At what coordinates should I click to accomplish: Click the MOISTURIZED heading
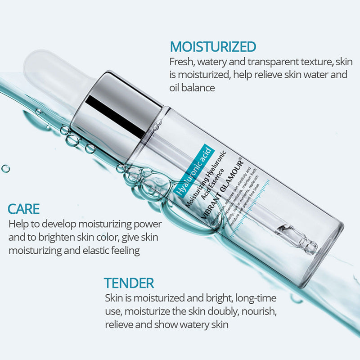pos(213,46)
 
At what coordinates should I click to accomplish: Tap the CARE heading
pos(24,209)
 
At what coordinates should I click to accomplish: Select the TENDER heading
pos(129,283)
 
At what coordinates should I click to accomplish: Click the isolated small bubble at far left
pos(5,169)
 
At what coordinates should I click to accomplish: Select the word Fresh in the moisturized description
pos(182,61)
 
